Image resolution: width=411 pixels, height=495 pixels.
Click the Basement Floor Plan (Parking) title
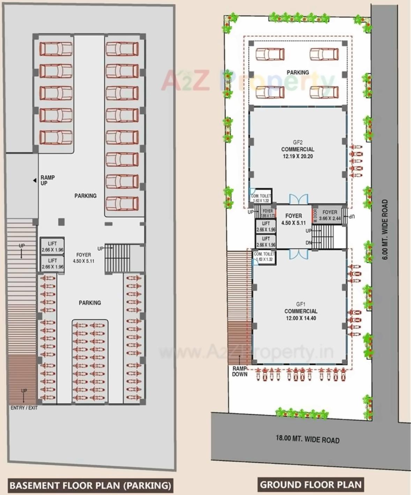click(x=90, y=485)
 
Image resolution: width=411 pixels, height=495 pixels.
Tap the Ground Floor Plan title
click(x=311, y=485)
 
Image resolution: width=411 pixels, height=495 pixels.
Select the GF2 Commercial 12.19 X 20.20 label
click(x=298, y=149)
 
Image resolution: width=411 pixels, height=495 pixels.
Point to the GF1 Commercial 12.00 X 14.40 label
click(x=301, y=311)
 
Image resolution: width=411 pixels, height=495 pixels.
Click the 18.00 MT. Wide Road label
click(x=307, y=439)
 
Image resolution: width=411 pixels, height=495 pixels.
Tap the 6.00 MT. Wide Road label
click(x=385, y=229)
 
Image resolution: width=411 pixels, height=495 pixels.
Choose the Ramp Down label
click(x=240, y=371)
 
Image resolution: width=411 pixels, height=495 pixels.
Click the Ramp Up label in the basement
click(x=47, y=180)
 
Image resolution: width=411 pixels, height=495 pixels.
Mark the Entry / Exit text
click(x=24, y=408)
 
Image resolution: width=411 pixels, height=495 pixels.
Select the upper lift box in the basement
click(x=52, y=246)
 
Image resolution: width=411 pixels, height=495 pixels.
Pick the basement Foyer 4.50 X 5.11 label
click(x=83, y=258)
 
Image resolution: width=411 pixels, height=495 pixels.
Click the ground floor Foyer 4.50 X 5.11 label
click(x=293, y=219)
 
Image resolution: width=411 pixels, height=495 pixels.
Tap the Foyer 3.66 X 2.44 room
click(x=329, y=215)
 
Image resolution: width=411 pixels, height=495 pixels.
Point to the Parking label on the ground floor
click(x=298, y=72)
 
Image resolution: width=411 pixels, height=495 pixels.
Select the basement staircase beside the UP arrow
click(x=118, y=258)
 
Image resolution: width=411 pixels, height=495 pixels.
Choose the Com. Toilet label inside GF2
click(x=261, y=198)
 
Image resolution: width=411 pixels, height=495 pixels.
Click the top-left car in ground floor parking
click(x=270, y=54)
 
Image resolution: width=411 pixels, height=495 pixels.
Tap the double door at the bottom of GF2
click(x=298, y=199)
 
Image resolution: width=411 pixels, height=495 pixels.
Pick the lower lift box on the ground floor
click(x=266, y=241)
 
